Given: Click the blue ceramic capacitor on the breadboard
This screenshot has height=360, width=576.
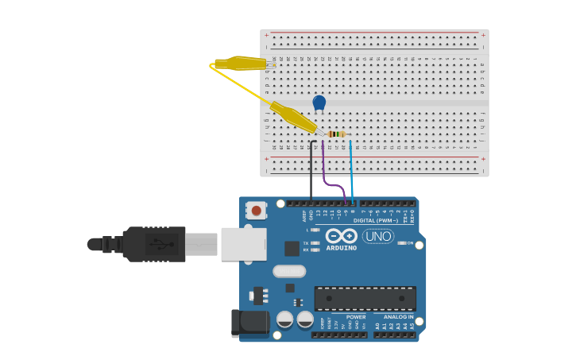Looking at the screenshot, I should click(319, 103).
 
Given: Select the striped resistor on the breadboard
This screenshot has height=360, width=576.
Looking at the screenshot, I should click(338, 134).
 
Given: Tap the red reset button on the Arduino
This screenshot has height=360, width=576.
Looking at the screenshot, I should click(257, 211).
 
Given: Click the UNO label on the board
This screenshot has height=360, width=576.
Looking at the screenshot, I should click(378, 236).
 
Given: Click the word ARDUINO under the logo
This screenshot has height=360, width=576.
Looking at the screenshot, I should click(342, 248).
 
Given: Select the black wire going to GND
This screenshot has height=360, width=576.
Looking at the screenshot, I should click(311, 171).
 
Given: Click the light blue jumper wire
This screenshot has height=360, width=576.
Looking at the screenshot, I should click(351, 171).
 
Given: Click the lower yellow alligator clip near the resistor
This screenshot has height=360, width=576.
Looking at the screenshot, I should click(293, 117).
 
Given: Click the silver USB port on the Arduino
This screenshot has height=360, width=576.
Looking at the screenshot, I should click(243, 244).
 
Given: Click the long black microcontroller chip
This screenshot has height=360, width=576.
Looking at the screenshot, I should click(365, 299).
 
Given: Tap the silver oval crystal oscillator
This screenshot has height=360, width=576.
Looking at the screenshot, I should click(289, 271).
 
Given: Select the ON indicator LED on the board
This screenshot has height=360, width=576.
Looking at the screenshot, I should click(402, 243).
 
